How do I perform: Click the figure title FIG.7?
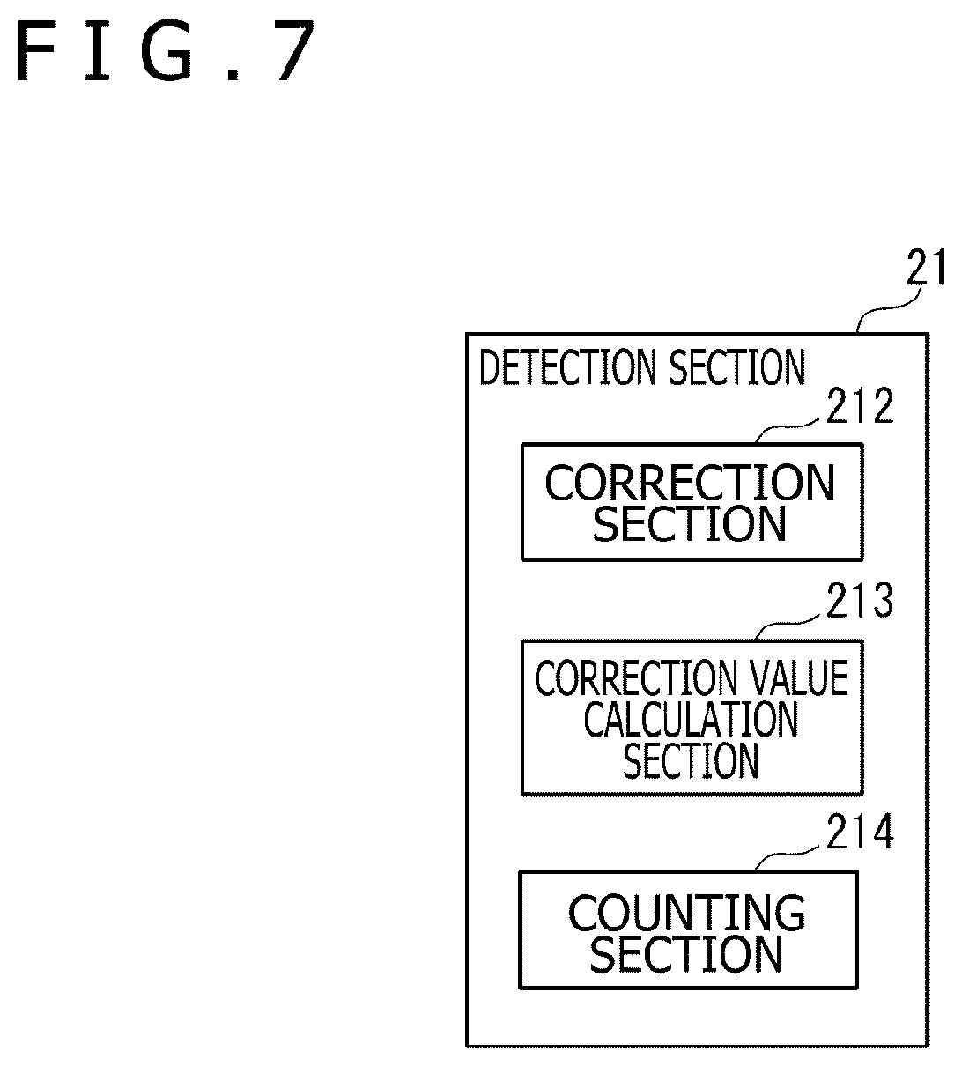[x=166, y=50]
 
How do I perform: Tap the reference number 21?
[x=926, y=267]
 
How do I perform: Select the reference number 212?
[x=860, y=405]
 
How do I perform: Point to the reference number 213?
[x=860, y=600]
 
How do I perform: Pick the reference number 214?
[x=860, y=832]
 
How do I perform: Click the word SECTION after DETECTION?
[x=737, y=367]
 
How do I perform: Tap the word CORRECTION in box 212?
[x=690, y=483]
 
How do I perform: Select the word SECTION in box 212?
[x=689, y=523]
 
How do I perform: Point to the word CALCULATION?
[x=691, y=719]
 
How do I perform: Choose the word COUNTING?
[x=687, y=913]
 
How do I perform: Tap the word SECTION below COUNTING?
[x=686, y=954]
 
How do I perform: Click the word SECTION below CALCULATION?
[x=691, y=760]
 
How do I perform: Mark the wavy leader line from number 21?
[x=889, y=308]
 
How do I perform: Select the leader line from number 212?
[x=788, y=429]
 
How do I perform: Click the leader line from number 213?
[x=788, y=626]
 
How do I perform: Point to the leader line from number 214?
[x=788, y=856]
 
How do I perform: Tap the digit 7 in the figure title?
[x=295, y=50]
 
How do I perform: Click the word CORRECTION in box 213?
[x=637, y=677]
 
